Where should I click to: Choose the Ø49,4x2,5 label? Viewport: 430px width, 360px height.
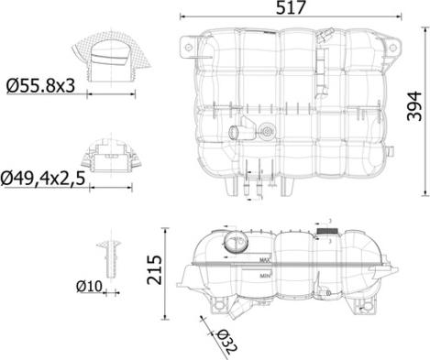tap(51, 178)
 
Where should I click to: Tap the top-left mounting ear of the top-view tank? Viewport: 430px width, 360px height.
tap(187, 41)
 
